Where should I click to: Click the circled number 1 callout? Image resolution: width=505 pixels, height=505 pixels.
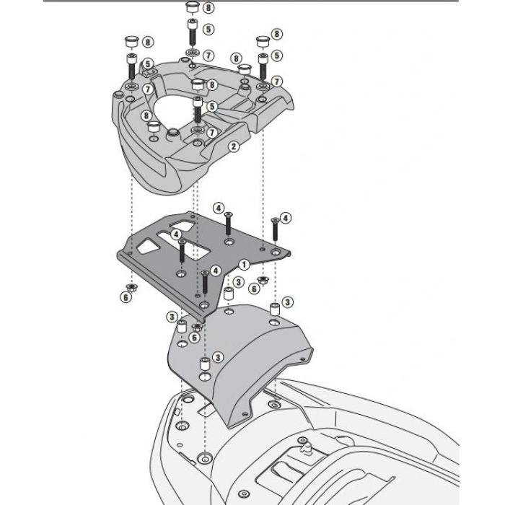245,265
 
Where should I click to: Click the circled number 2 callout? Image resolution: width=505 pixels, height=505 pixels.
233,146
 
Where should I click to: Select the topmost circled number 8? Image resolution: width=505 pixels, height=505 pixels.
208,8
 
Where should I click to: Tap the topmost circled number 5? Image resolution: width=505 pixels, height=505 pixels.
208,30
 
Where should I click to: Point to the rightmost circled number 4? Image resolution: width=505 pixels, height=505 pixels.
286,218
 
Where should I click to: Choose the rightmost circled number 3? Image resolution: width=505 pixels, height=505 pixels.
287,302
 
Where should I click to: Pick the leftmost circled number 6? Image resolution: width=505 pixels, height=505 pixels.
126,297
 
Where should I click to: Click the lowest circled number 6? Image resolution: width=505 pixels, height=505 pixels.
195,338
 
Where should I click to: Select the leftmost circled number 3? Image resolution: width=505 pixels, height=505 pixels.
172,317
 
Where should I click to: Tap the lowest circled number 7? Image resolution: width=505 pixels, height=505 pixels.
211,133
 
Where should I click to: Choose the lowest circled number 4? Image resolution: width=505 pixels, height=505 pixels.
216,271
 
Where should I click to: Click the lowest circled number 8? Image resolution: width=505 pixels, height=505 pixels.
146,115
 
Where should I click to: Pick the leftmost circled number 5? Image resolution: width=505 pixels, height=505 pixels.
147,64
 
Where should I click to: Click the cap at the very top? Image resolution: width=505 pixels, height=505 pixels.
192,9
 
